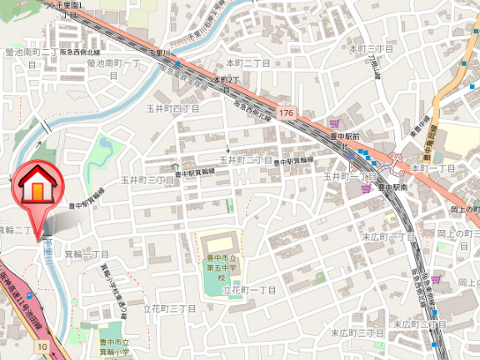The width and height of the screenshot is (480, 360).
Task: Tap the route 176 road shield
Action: pyautogui.click(x=287, y=112)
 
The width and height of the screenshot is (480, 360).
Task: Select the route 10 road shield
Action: pyautogui.click(x=42, y=345)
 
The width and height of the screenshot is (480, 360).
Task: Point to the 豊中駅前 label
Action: pyautogui.click(x=342, y=136)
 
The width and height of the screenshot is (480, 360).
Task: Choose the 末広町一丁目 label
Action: pyautogui.click(x=388, y=237)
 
